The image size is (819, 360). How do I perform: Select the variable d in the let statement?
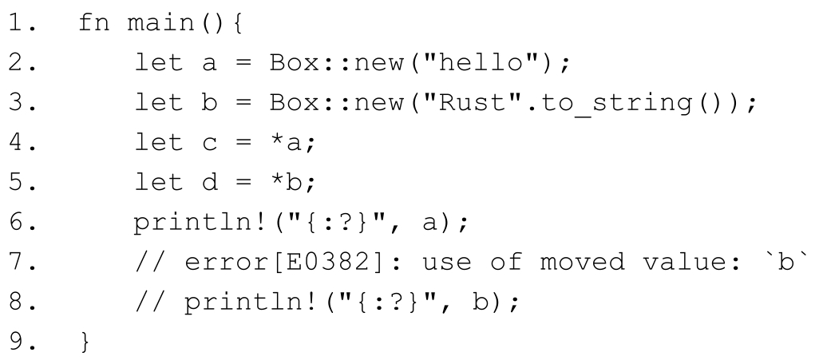click(213, 183)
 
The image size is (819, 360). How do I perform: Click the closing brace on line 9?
click(85, 342)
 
